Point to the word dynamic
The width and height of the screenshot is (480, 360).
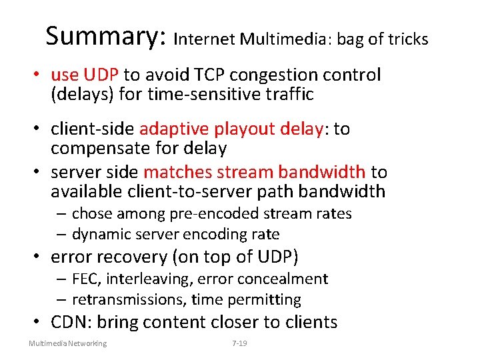point(98,234)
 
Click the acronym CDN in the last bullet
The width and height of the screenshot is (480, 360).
point(71,322)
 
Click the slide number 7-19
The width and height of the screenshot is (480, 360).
point(239,343)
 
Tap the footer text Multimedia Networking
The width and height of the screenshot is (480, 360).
point(67,343)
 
